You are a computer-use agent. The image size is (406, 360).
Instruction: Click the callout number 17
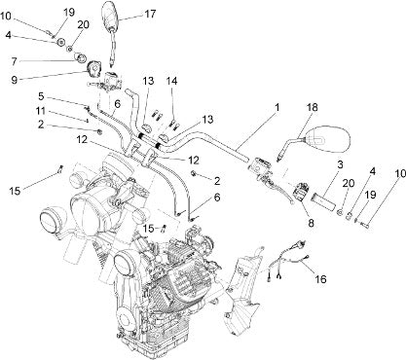click(x=150, y=14)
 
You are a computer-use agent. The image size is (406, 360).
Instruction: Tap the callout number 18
click(x=313, y=107)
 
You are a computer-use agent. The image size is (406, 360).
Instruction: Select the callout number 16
click(x=320, y=279)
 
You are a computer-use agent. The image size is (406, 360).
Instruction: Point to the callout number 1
click(x=277, y=107)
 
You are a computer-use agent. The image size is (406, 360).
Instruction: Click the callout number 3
click(x=340, y=164)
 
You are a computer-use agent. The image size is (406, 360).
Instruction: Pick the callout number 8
click(x=312, y=223)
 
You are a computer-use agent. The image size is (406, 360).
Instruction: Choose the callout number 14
click(x=172, y=81)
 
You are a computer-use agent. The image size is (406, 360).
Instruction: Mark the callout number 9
click(x=15, y=80)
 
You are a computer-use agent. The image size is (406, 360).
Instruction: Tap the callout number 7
click(x=14, y=61)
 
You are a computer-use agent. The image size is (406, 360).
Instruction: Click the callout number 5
click(x=41, y=96)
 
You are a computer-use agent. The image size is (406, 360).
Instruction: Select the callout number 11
click(x=41, y=111)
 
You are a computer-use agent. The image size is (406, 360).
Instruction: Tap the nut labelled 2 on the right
click(x=194, y=173)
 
